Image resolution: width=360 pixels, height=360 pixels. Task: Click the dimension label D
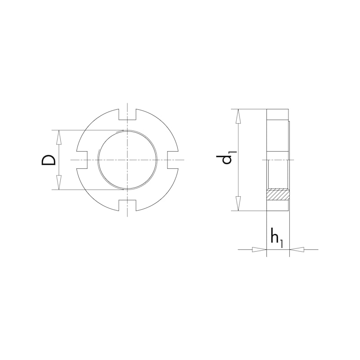pos(49,160)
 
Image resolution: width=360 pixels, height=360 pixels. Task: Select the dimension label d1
pos(226,158)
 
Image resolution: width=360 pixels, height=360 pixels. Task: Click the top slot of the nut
pos(127,114)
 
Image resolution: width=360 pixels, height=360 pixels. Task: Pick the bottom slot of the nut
pos(127,205)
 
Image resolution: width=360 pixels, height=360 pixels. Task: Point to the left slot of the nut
pos(82,160)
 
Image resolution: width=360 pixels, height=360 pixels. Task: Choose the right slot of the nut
pos(173,160)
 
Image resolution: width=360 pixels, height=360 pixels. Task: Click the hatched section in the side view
pos(278,194)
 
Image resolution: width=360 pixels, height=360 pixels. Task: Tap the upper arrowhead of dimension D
pos(59,137)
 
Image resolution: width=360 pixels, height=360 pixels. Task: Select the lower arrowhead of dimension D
pos(59,183)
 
